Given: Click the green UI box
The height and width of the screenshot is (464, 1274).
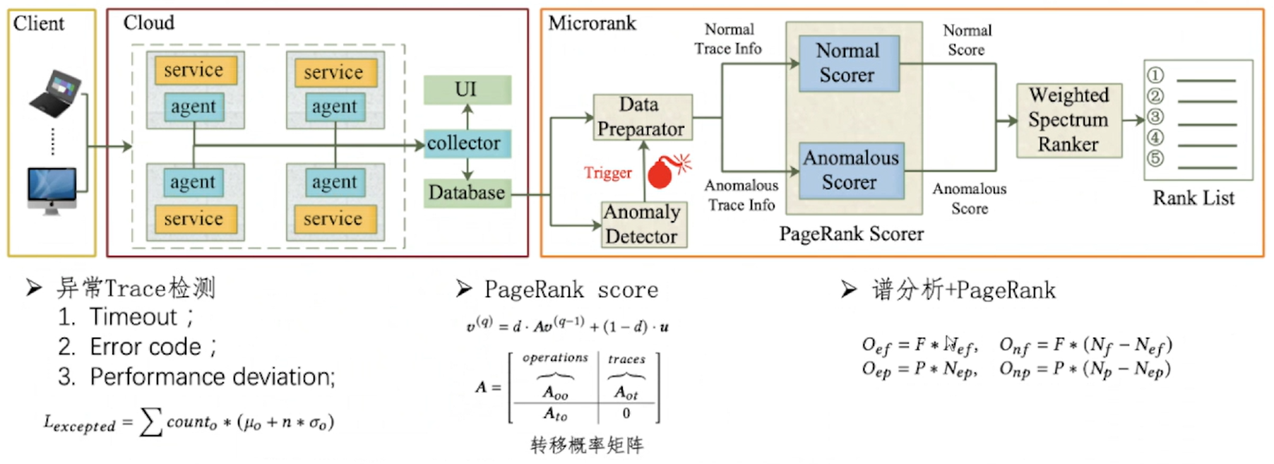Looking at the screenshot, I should coord(467,90).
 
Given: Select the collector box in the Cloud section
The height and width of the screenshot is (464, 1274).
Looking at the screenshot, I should coord(467,143).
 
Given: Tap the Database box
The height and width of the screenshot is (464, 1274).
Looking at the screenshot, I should coord(467,192).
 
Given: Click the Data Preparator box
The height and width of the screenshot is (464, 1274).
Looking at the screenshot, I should coord(641,117).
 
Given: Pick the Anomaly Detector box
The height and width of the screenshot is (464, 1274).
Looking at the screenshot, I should coord(643,224).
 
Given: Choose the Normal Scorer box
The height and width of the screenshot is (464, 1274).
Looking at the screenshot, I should coord(848,64).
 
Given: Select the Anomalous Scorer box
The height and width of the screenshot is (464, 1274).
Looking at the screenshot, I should coord(851,170).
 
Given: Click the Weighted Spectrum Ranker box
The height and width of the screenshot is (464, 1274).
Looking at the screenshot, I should coord(1068,119).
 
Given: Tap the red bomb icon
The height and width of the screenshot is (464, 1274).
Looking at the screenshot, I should coord(662,172).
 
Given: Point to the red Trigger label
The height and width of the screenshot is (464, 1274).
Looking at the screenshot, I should coord(607,173).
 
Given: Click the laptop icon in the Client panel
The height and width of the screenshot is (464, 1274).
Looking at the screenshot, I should coord(55,93).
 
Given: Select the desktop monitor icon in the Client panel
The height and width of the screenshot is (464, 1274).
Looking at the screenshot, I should coord(52,189).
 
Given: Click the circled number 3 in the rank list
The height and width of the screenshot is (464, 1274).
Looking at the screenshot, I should coord(1155,117).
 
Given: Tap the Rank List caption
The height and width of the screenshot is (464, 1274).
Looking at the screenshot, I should coord(1193,198).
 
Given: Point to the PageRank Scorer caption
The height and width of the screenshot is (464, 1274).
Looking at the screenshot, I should coord(851,234).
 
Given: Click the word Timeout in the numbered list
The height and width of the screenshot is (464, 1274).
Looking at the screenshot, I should coord(133,317).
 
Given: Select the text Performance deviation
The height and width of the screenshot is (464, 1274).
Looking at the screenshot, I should coord(212,377).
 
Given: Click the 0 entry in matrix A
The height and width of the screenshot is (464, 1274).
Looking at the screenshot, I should coord(626,413).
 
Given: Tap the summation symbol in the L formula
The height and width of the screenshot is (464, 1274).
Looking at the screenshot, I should coord(150,422).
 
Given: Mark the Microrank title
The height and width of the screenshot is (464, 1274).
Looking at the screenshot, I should coord(592,23).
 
